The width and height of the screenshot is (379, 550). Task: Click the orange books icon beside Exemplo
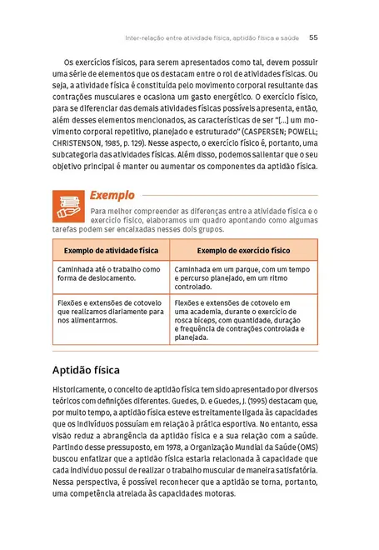click(67, 205)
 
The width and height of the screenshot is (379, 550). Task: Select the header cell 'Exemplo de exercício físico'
click(243, 250)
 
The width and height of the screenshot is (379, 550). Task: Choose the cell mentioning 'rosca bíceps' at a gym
click(243, 321)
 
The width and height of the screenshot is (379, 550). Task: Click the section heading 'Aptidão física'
click(86, 368)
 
